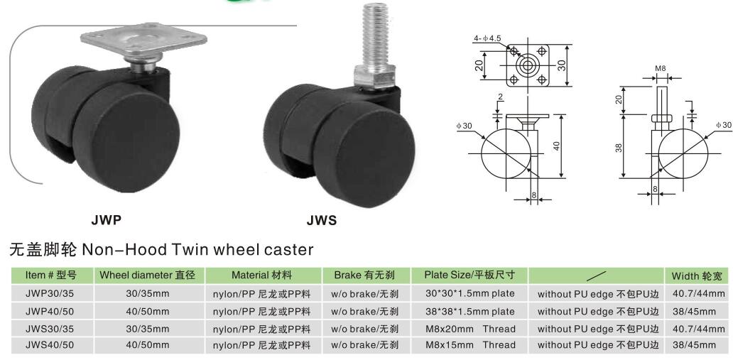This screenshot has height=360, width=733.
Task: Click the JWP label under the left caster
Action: click(x=107, y=219)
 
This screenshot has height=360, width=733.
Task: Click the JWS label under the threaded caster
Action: click(x=322, y=221)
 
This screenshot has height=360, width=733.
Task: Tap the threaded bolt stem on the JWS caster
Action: click(x=375, y=35)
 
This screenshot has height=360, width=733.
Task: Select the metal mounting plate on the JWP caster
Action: click(x=144, y=40)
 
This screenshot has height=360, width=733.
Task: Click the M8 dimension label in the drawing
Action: click(x=660, y=69)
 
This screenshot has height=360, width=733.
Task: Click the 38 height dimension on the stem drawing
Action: click(x=619, y=148)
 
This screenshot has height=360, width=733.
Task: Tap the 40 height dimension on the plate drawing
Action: click(x=557, y=146)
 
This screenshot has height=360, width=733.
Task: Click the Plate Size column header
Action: click(x=469, y=275)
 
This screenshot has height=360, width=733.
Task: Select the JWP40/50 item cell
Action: click(x=50, y=312)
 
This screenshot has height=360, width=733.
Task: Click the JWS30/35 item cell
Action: click(x=50, y=329)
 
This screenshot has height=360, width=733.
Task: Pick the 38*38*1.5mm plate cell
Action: click(x=469, y=312)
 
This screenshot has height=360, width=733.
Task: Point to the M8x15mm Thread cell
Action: click(x=470, y=346)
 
